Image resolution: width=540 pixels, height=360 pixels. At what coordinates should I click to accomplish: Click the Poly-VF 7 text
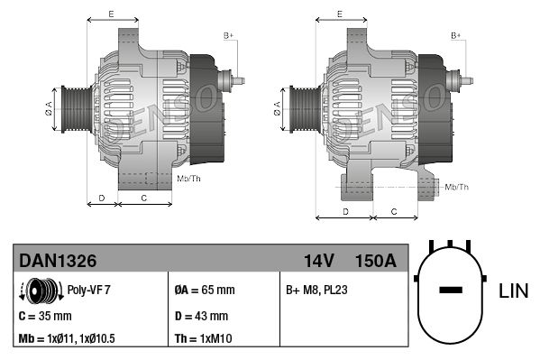click(89, 291)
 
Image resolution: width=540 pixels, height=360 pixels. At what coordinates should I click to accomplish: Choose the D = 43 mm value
click(201, 316)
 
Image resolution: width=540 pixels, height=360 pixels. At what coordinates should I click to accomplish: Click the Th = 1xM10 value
click(203, 339)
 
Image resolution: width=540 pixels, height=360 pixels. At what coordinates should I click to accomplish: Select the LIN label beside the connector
click(513, 291)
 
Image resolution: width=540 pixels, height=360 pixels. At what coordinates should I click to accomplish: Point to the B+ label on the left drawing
click(228, 35)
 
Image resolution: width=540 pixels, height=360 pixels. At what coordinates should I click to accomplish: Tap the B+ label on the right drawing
click(456, 35)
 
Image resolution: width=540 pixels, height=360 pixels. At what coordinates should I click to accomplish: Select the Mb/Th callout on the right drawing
click(455, 187)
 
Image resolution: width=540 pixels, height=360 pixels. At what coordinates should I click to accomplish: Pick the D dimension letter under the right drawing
click(346, 210)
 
